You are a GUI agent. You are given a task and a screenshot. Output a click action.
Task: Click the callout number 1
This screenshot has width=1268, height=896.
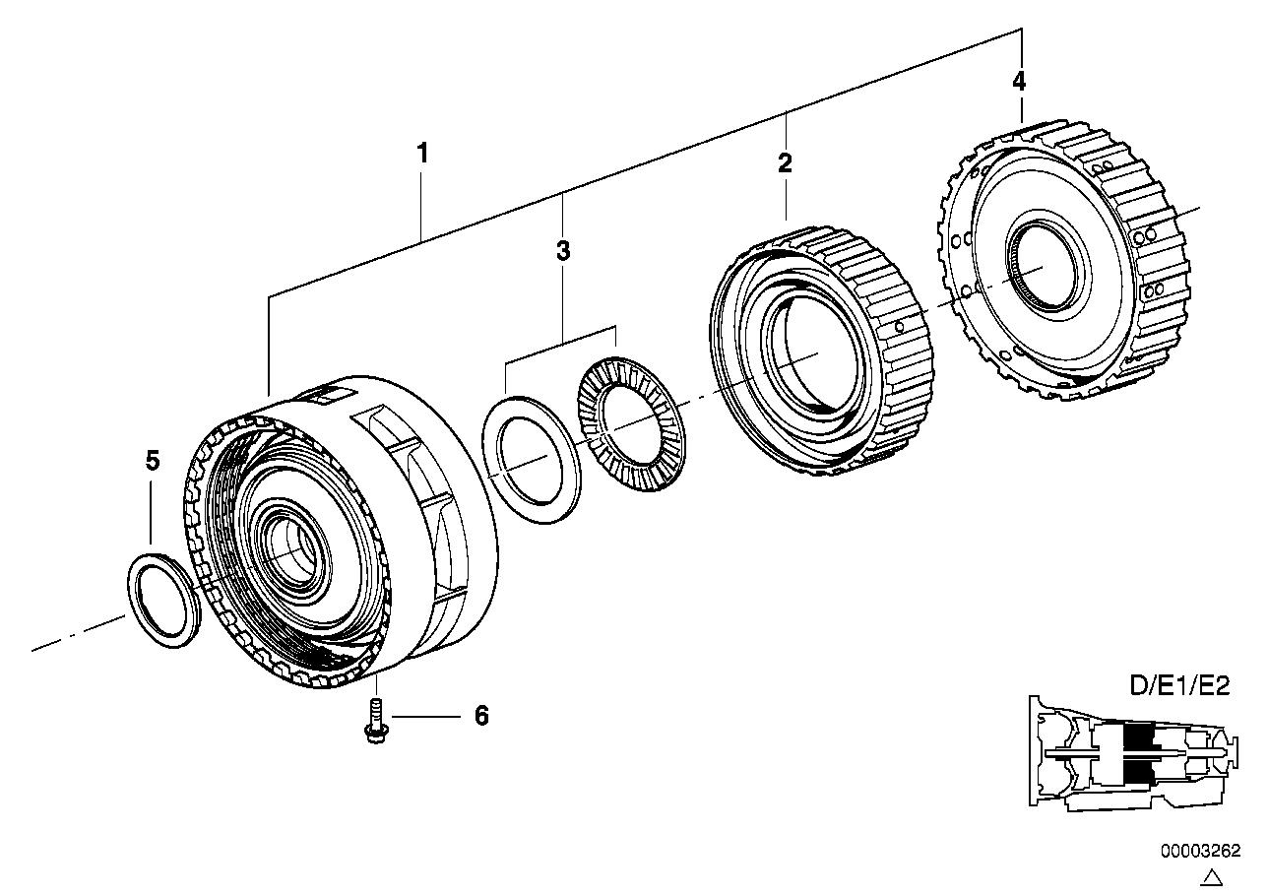[422, 154]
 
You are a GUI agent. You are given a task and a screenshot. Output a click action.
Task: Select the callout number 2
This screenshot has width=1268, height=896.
[785, 163]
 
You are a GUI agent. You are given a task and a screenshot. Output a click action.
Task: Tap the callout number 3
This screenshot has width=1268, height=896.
[562, 251]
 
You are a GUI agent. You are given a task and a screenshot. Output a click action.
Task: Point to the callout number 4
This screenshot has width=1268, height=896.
[1019, 81]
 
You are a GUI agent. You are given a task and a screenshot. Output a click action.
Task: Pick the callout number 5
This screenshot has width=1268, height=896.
[152, 461]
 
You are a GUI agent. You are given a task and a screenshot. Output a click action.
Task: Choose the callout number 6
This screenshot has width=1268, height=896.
[481, 716]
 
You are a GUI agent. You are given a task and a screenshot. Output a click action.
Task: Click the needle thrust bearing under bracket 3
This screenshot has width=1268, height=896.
[624, 423]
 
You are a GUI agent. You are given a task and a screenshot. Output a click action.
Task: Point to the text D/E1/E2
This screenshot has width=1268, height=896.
[1179, 686]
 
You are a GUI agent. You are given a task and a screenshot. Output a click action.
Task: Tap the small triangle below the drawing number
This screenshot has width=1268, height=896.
[1213, 876]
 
